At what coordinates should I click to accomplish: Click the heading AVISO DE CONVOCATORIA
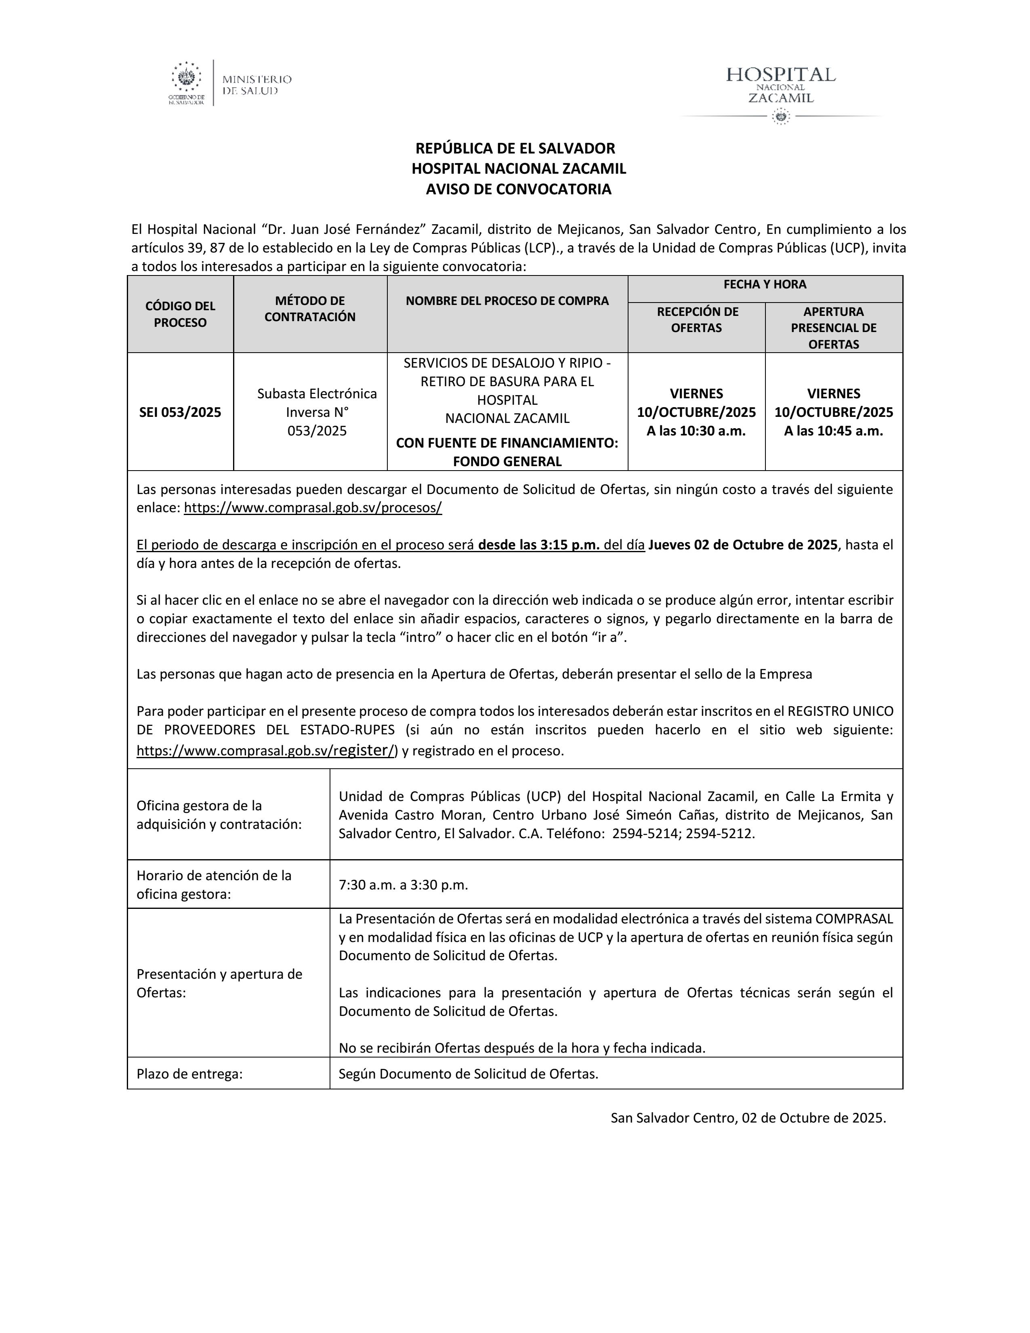(518, 189)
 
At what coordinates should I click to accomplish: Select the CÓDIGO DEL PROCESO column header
(180, 314)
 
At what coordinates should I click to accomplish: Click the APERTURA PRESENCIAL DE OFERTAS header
(834, 328)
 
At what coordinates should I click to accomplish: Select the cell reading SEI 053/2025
(180, 412)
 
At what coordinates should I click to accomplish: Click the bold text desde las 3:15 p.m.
(539, 545)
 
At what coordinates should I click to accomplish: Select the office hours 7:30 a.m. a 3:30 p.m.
(404, 885)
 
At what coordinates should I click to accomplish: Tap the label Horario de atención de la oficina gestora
(214, 885)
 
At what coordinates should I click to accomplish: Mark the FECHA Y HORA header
(765, 284)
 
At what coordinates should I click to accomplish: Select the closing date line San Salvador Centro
(748, 1118)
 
